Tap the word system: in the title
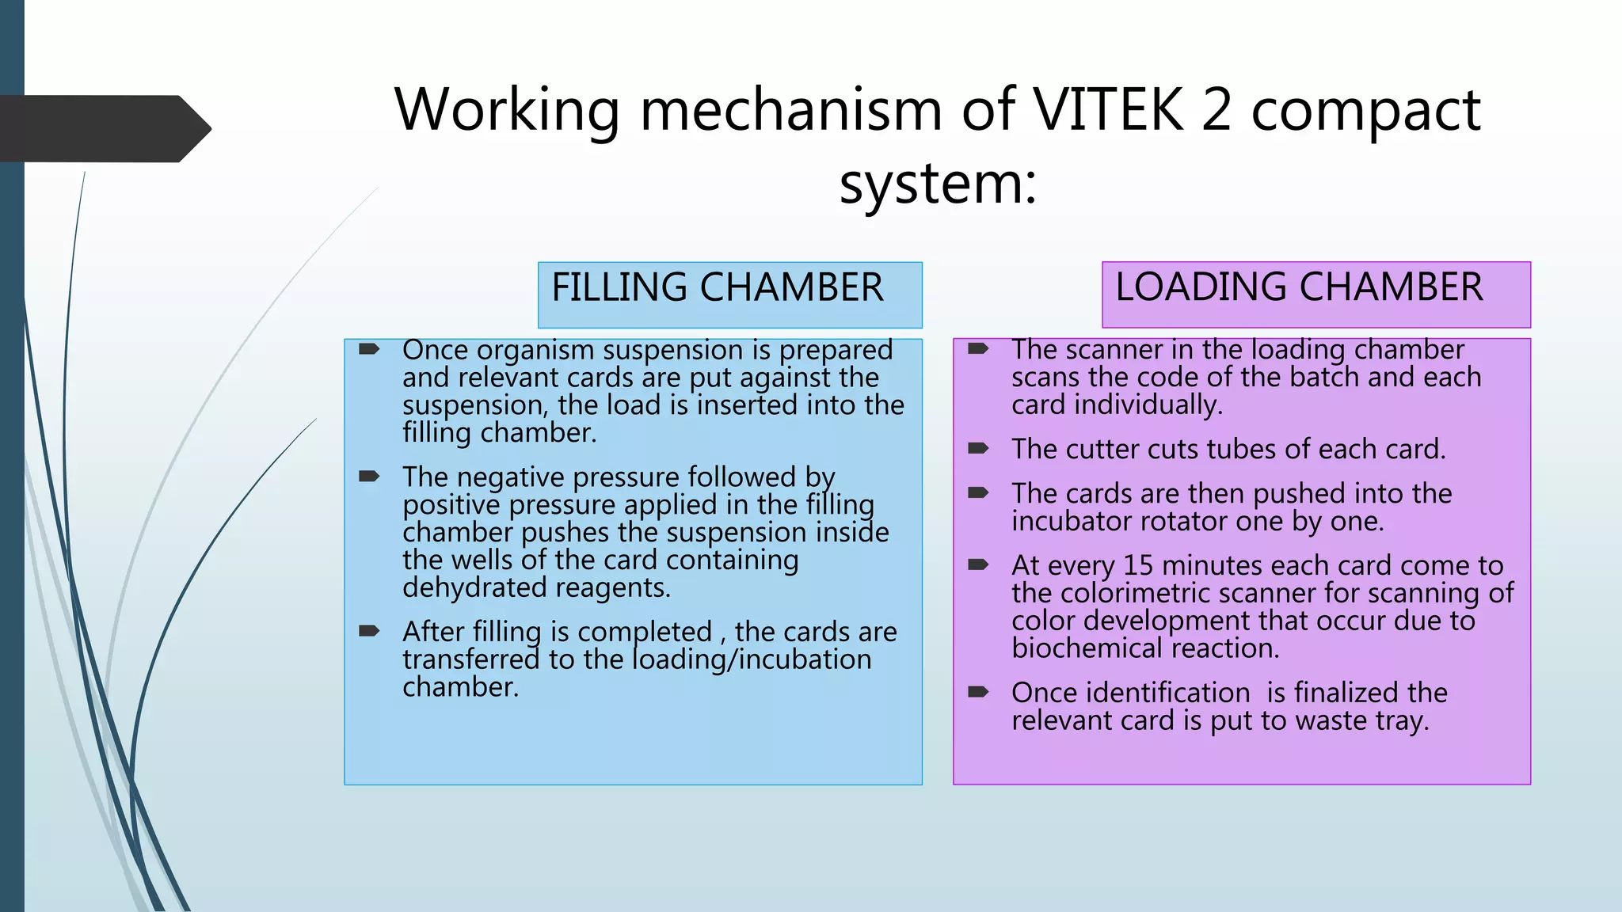click(938, 184)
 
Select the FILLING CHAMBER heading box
click(730, 294)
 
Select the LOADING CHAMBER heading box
click(1316, 294)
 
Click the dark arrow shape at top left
click(105, 129)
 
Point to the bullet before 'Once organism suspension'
click(369, 348)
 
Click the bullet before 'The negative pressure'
click(369, 476)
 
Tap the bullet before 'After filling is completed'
click(369, 631)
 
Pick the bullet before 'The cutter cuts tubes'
click(979, 448)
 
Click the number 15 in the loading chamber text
click(1138, 565)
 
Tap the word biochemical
click(1087, 648)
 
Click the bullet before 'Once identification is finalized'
click(979, 692)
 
